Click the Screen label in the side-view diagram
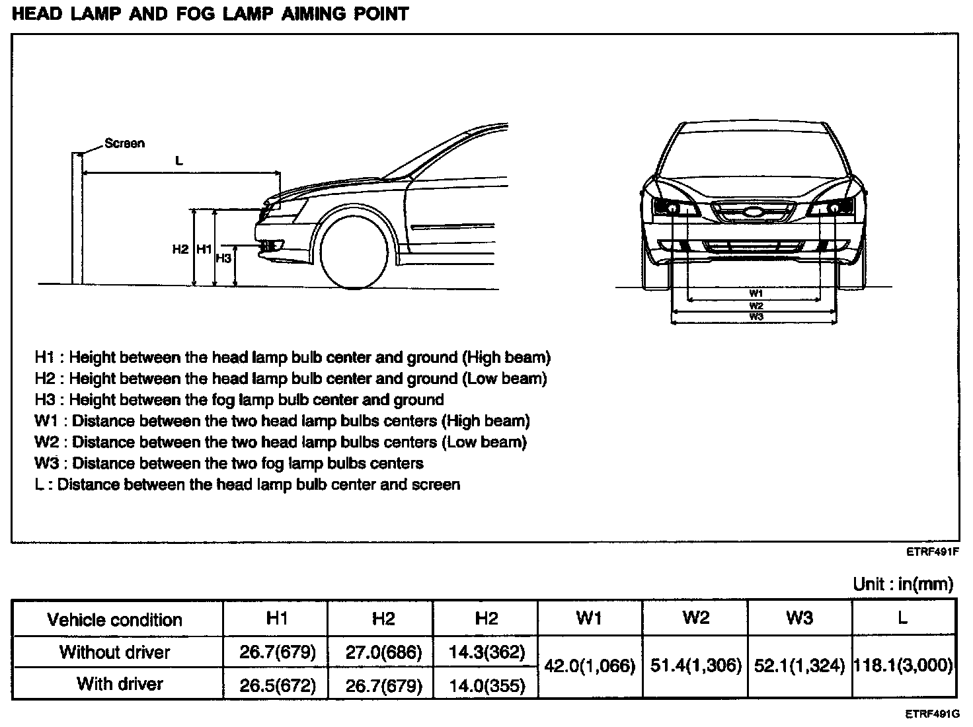(124, 143)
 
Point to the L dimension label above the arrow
(178, 161)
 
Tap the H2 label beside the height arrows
(180, 249)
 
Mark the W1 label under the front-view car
(756, 293)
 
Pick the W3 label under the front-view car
(756, 317)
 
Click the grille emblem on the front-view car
(754, 213)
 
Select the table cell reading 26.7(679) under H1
(278, 652)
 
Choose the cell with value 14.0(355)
(486, 685)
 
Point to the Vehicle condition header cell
(114, 620)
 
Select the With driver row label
(120, 683)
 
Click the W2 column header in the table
(695, 617)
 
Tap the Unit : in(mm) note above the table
(903, 584)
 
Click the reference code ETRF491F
(933, 553)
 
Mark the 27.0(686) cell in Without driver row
(383, 652)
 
